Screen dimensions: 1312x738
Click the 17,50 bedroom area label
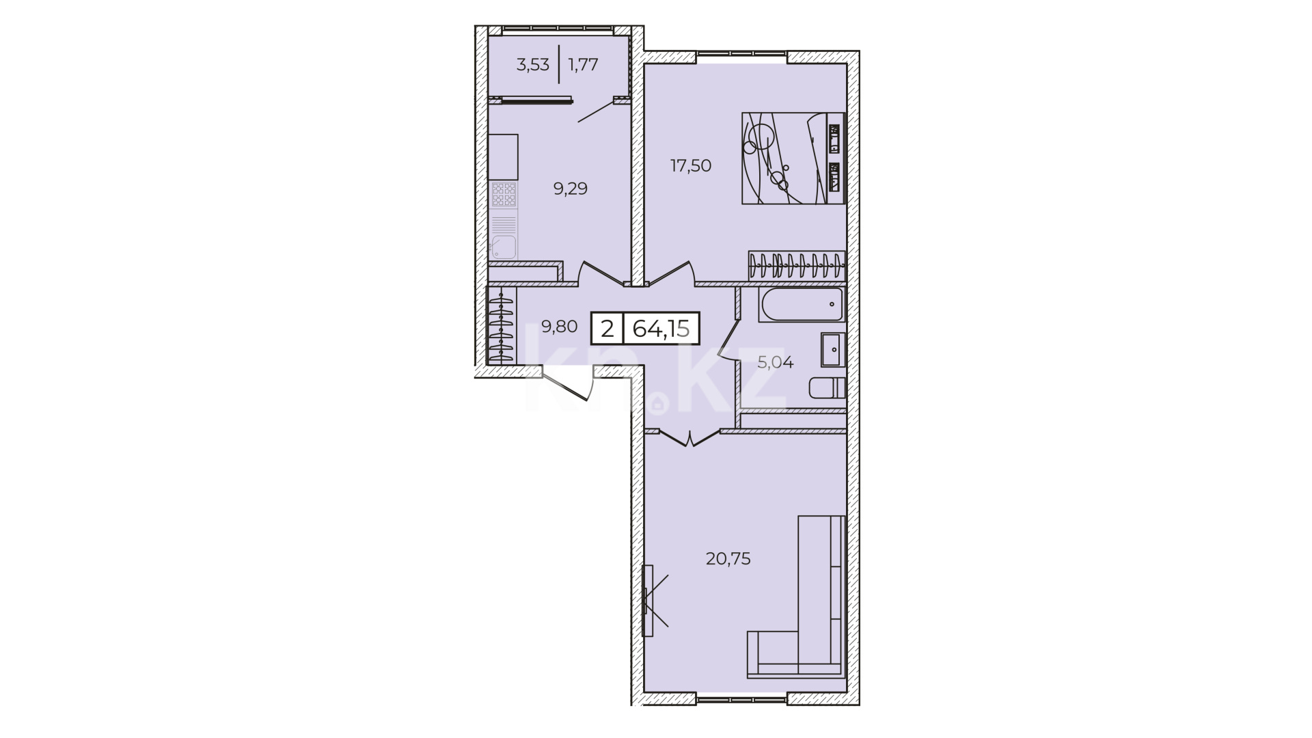pos(691,165)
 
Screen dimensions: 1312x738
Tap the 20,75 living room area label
pos(728,559)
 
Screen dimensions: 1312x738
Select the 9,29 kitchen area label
pos(570,189)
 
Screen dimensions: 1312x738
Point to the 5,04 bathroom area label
pos(775,363)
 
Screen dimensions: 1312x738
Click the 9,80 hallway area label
pos(559,327)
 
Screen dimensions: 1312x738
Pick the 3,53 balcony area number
pos(533,65)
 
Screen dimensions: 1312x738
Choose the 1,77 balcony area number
pos(583,65)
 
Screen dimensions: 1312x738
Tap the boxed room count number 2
pos(607,329)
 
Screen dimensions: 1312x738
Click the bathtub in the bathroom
pos(801,305)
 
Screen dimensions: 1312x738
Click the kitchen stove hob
pos(504,195)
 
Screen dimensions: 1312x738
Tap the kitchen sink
pos(504,247)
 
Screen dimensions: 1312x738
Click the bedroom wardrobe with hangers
pos(797,266)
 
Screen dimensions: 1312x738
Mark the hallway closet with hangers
pos(502,327)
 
